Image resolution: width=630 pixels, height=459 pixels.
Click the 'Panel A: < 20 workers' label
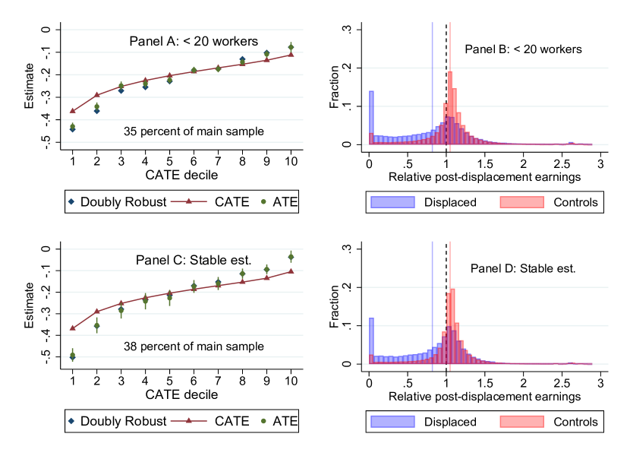[x=193, y=41]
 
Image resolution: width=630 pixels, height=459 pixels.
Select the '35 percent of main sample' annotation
[x=194, y=131]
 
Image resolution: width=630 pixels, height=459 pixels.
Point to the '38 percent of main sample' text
[x=194, y=347]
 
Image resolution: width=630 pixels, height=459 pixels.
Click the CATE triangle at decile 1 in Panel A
[x=73, y=111]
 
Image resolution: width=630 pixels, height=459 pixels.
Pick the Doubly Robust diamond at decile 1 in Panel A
[x=73, y=129]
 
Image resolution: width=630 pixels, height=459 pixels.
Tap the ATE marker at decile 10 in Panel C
[x=291, y=257]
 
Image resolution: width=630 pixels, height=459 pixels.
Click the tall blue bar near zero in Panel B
[x=371, y=118]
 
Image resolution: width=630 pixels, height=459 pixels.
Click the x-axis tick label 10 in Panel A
[x=291, y=162]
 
